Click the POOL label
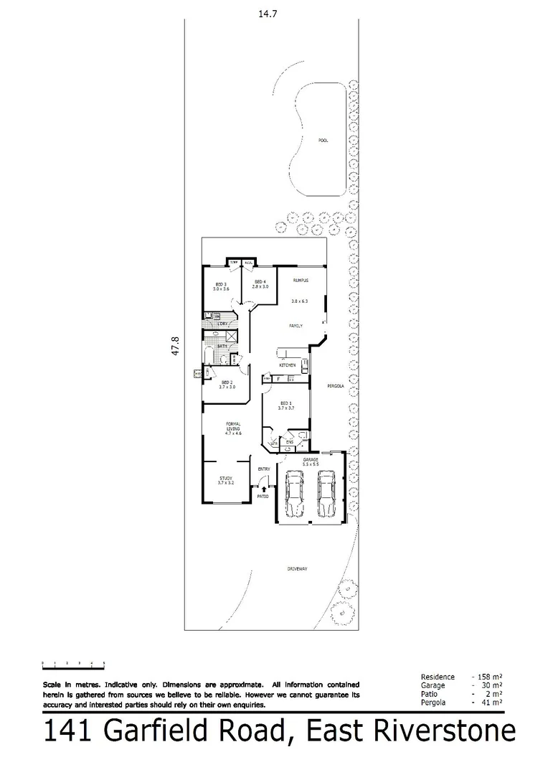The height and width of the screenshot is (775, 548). coord(323,141)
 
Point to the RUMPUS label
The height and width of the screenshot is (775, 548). coord(290,281)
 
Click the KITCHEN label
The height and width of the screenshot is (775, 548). coord(288,366)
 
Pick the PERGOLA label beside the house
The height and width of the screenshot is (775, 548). coord(336,386)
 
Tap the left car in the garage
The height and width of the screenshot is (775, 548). coord(293,494)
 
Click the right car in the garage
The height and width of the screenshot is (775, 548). coord(326,494)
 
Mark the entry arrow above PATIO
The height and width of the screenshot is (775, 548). coord(263,488)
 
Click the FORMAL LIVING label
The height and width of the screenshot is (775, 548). coord(233,430)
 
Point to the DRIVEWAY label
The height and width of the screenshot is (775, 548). coord(297,569)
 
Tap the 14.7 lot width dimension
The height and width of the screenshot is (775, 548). coord(267,12)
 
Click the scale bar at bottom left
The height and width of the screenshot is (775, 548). coord(74,662)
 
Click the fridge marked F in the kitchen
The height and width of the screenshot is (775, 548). coord(278,378)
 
